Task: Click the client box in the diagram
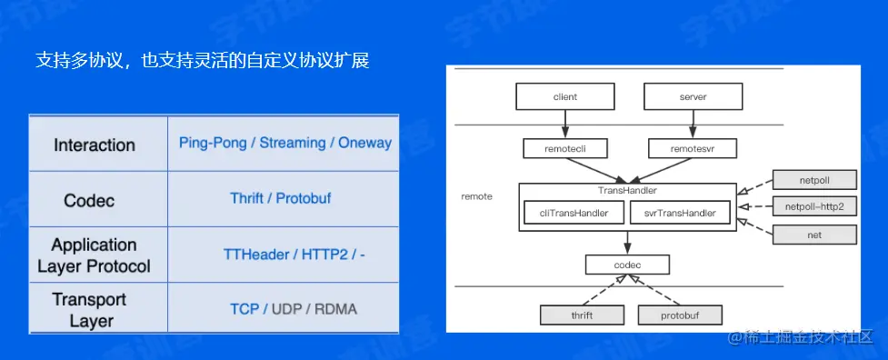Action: coord(564,96)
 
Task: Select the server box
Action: coord(693,96)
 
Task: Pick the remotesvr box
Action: coord(693,148)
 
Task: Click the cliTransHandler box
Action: coord(574,213)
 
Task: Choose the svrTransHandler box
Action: coord(680,213)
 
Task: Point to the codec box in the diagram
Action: coord(627,265)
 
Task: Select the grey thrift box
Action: coord(582,315)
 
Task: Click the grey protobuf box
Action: coord(680,315)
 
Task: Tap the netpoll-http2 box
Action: coord(814,207)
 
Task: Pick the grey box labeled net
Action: coord(814,235)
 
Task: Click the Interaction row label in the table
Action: coord(95,145)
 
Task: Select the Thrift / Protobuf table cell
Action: coord(280,198)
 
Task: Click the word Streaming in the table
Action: coord(293,143)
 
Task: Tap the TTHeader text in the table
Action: coord(256,255)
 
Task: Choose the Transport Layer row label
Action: coord(89,310)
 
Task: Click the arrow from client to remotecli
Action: coord(564,125)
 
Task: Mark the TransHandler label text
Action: coord(627,191)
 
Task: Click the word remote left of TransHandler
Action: coord(477,197)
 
